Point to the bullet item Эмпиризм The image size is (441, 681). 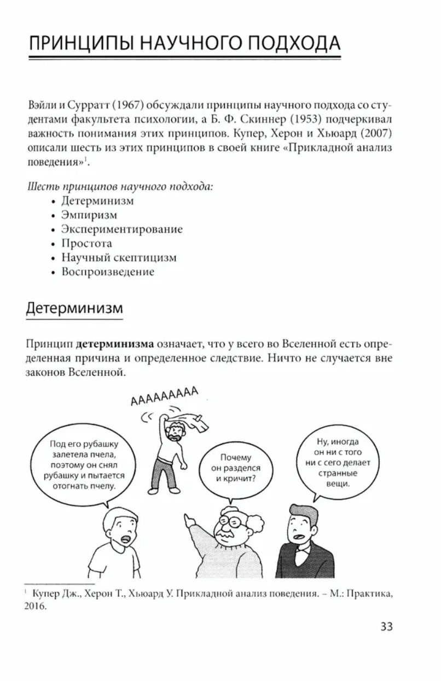tap(89, 215)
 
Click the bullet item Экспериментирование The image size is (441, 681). tap(121, 229)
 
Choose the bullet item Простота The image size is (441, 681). tap(86, 243)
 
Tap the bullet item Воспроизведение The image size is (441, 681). tap(107, 272)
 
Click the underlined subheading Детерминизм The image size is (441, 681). tap(74, 307)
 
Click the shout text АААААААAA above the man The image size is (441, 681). tap(163, 395)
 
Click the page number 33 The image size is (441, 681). tap(386, 627)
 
